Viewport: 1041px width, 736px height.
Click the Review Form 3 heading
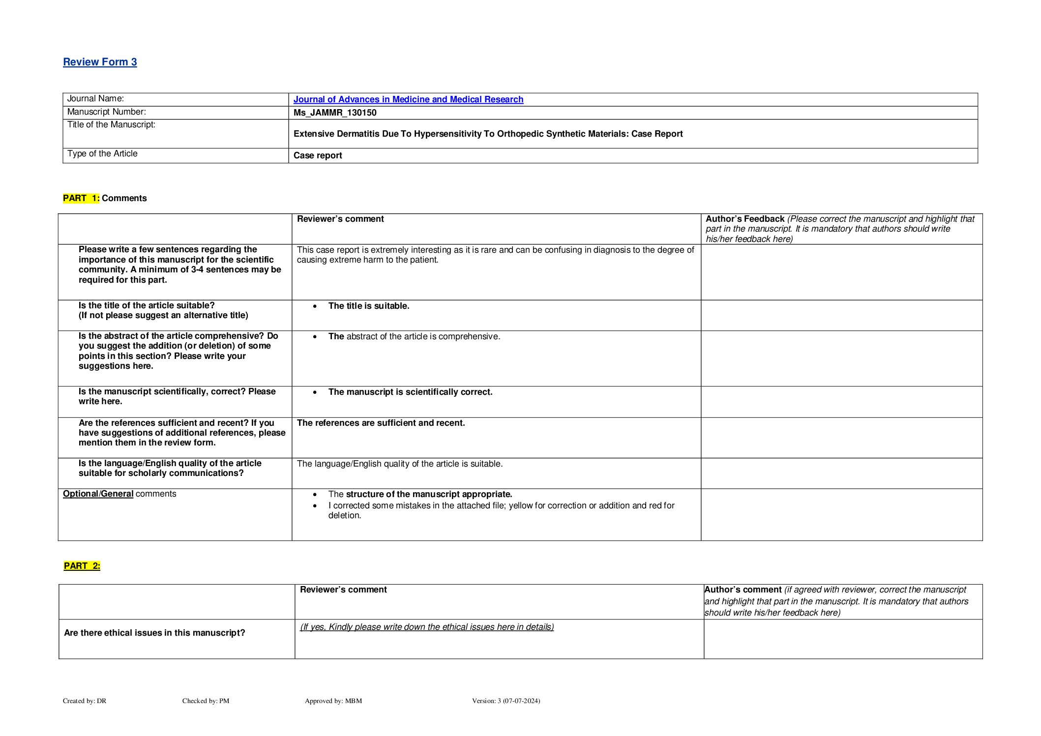click(100, 62)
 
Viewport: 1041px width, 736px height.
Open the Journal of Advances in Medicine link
click(408, 99)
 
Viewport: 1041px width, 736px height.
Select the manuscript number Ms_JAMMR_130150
click(335, 113)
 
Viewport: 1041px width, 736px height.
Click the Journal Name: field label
click(95, 99)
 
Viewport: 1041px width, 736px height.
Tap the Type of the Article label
click(102, 154)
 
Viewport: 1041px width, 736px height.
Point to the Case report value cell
click(318, 155)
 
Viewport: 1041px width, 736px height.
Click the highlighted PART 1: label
click(81, 198)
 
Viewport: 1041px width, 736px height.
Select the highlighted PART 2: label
click(82, 566)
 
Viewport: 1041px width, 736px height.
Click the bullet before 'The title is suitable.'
click(315, 306)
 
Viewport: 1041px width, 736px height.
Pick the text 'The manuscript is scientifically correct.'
click(410, 392)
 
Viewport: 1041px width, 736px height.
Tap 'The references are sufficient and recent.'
click(381, 423)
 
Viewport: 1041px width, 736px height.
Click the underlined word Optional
click(81, 494)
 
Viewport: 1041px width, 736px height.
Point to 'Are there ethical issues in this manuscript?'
click(154, 633)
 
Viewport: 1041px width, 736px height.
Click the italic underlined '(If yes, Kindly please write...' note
click(427, 627)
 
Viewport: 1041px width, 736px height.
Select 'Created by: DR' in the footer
click(85, 701)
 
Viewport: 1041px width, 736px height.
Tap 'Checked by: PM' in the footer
click(206, 701)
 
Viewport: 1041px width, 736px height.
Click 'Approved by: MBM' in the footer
click(333, 701)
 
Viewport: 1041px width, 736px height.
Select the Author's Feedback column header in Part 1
click(745, 219)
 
